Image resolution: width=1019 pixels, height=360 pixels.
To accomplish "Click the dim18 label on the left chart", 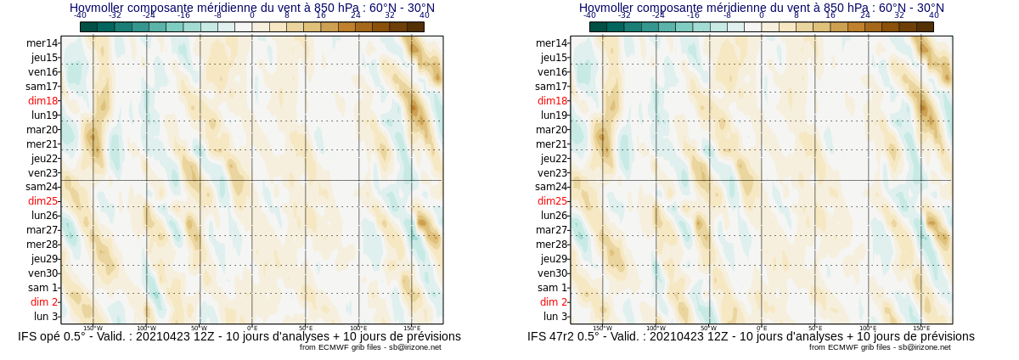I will (42, 100).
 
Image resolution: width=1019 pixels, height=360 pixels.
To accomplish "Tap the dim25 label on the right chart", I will (552, 201).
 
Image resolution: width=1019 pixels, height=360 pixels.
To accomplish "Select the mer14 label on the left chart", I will (42, 43).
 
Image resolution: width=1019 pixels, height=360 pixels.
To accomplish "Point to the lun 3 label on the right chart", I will (555, 317).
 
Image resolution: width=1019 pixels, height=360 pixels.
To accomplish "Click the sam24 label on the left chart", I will (42, 187).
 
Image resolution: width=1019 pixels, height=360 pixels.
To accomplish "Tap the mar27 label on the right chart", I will (552, 230).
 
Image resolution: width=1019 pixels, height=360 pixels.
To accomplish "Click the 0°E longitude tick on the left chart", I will (252, 328).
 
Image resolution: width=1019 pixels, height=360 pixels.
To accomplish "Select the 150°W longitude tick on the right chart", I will (602, 328).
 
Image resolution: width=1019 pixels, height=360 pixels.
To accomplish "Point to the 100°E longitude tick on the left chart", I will (358, 328).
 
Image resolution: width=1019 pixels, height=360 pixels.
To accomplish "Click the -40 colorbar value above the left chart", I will (80, 15).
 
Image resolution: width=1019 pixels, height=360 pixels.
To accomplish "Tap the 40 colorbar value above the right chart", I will (934, 15).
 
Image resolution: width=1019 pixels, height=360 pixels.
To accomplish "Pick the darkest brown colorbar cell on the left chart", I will (415, 27).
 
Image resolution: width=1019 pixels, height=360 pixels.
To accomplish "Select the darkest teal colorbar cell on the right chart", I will (598, 27).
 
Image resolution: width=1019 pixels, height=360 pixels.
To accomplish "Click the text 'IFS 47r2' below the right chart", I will (555, 337).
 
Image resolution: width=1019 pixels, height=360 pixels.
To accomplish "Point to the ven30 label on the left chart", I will (42, 273).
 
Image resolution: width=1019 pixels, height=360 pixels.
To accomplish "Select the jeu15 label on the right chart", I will (554, 58).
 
